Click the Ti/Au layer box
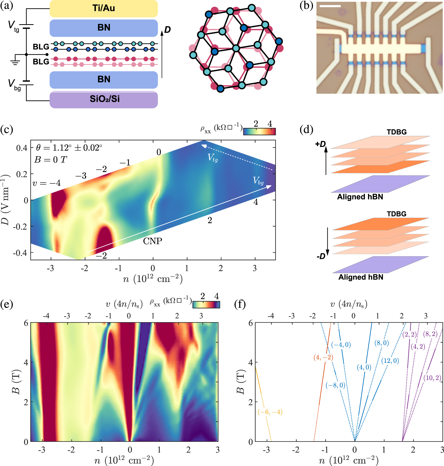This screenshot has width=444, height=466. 103,8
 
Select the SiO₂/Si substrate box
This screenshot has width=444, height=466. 103,100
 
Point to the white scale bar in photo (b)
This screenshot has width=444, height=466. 330,6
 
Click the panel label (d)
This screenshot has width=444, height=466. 306,129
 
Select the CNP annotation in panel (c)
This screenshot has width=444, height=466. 153,241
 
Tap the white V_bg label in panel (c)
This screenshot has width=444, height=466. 258,181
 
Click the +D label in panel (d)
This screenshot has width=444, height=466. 320,144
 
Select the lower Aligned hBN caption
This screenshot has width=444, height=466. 361,277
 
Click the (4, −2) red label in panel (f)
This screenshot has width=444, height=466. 323,357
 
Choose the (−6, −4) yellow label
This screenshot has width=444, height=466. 270,412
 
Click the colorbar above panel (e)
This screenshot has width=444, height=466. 206,305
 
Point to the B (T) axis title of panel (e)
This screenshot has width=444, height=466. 16,382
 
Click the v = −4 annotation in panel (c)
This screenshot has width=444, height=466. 47,183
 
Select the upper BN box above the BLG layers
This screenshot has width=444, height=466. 103,28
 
